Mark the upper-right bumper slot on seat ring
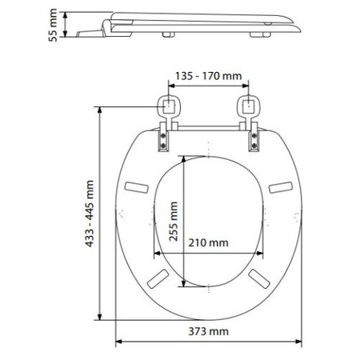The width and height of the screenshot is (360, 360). click(x=280, y=187)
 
